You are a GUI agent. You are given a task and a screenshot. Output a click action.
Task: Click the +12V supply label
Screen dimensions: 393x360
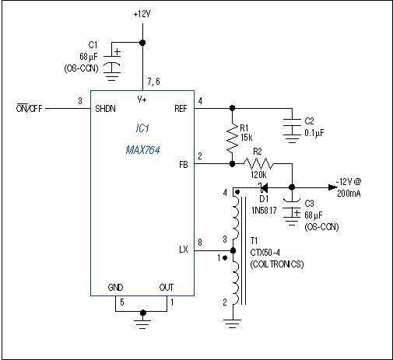[142, 14]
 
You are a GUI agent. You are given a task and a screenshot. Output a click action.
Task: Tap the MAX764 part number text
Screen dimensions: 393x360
[142, 150]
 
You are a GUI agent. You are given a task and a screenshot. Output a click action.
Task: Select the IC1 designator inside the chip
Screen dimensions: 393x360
[142, 128]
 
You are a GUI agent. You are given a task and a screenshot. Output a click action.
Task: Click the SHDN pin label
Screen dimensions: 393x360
[105, 109]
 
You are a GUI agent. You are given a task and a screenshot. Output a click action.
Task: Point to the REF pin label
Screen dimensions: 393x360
[181, 109]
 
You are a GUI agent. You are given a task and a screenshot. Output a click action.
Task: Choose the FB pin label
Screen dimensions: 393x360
[183, 165]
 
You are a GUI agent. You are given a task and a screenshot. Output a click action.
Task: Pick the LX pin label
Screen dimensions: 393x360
[183, 250]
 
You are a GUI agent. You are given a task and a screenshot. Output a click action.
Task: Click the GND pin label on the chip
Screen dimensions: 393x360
[115, 288]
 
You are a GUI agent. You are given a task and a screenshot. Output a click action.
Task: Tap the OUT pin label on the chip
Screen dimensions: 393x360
[167, 288]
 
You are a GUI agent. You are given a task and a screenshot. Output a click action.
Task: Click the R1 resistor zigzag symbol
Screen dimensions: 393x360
[233, 138]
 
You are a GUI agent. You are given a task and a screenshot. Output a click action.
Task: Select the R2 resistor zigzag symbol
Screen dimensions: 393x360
[258, 164]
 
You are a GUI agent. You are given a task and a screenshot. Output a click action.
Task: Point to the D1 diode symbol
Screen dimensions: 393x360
[263, 187]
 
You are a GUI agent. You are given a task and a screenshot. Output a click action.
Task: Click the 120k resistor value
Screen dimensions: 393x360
[258, 175]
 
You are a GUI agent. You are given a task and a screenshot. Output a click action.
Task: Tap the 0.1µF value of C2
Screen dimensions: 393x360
[314, 133]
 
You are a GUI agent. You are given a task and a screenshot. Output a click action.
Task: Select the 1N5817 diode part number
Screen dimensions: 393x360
[264, 211]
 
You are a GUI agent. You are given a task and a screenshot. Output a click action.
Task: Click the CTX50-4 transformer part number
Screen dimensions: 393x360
[265, 252]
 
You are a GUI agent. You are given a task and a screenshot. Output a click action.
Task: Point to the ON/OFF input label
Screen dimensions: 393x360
[29, 108]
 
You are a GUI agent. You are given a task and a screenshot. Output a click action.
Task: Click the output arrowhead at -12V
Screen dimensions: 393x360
[332, 187]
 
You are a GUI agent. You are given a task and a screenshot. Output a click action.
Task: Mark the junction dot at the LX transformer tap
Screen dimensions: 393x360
[233, 250]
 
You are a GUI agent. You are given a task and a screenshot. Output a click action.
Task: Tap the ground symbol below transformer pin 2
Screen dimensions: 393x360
[233, 324]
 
